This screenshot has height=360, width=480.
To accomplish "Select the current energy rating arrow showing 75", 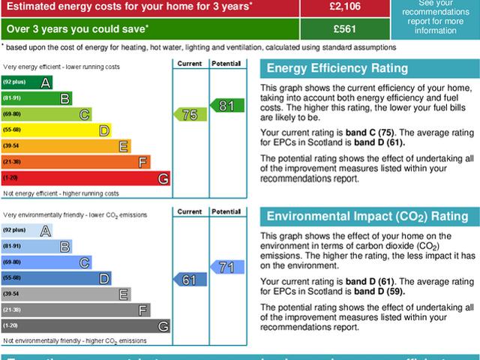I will [x=188, y=114].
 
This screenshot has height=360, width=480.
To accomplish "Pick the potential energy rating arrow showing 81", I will [x=224, y=106].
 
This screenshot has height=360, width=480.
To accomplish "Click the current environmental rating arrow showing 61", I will [x=188, y=279].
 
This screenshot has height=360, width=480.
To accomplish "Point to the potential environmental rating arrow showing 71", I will [x=225, y=266].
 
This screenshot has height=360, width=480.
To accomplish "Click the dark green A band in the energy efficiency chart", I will [x=27, y=82].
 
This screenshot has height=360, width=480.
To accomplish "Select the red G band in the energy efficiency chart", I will [x=85, y=178].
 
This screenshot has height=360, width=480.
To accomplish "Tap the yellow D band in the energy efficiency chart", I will [x=56, y=130].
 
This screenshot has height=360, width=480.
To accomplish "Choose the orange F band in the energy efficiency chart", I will [x=76, y=162].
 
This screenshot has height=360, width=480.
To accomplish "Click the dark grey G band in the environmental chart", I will [x=85, y=326].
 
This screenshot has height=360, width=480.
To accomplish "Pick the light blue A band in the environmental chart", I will [x=27, y=230].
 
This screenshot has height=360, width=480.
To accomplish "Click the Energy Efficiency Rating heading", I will [x=337, y=69].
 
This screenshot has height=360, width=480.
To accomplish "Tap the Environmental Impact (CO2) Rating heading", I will [x=367, y=217].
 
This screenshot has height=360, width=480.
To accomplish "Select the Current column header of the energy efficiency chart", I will [x=188, y=64].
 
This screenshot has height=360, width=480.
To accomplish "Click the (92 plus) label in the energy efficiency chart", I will [x=14, y=82].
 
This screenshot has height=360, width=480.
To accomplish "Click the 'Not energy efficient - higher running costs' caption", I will [x=61, y=193].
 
